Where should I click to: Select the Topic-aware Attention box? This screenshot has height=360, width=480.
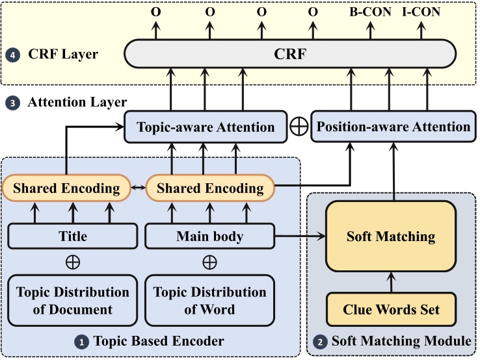pos(206,126)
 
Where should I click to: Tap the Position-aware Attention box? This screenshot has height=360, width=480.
pos(393,126)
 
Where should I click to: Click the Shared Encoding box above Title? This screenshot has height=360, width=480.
pos(67,189)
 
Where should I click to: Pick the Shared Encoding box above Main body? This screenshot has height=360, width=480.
pos(210,189)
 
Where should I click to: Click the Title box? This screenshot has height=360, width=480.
pos(73,236)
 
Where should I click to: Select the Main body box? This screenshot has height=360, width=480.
pos(209,236)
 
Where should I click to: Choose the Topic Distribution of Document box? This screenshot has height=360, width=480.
pos(73,300)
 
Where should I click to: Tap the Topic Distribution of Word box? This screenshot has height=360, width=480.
pos(209,300)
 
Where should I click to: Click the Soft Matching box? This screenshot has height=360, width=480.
pos(390,236)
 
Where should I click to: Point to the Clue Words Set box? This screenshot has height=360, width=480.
pos(390,309)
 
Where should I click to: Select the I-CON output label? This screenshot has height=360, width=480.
pos(427,11)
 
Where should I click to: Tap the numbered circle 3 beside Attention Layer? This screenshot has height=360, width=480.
pos(12,103)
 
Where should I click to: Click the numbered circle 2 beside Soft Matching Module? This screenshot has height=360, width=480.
pos(320,341)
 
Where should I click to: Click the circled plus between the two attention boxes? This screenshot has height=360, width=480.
pos(299,127)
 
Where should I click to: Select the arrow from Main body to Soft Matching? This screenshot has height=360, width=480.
pos(300,237)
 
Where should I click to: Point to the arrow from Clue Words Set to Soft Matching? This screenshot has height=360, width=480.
pos(390,283)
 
